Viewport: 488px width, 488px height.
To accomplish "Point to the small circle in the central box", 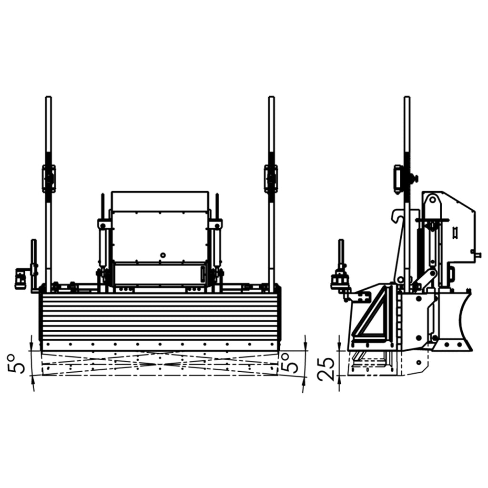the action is click(162, 255).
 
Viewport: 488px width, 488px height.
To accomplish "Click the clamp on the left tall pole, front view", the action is click(49, 178).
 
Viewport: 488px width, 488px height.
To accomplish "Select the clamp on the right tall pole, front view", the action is click(271, 178).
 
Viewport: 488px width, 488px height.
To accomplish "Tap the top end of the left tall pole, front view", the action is click(49, 97).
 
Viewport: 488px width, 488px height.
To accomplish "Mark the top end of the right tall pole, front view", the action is click(271, 97).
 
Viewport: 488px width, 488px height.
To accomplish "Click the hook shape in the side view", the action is click(396, 216).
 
